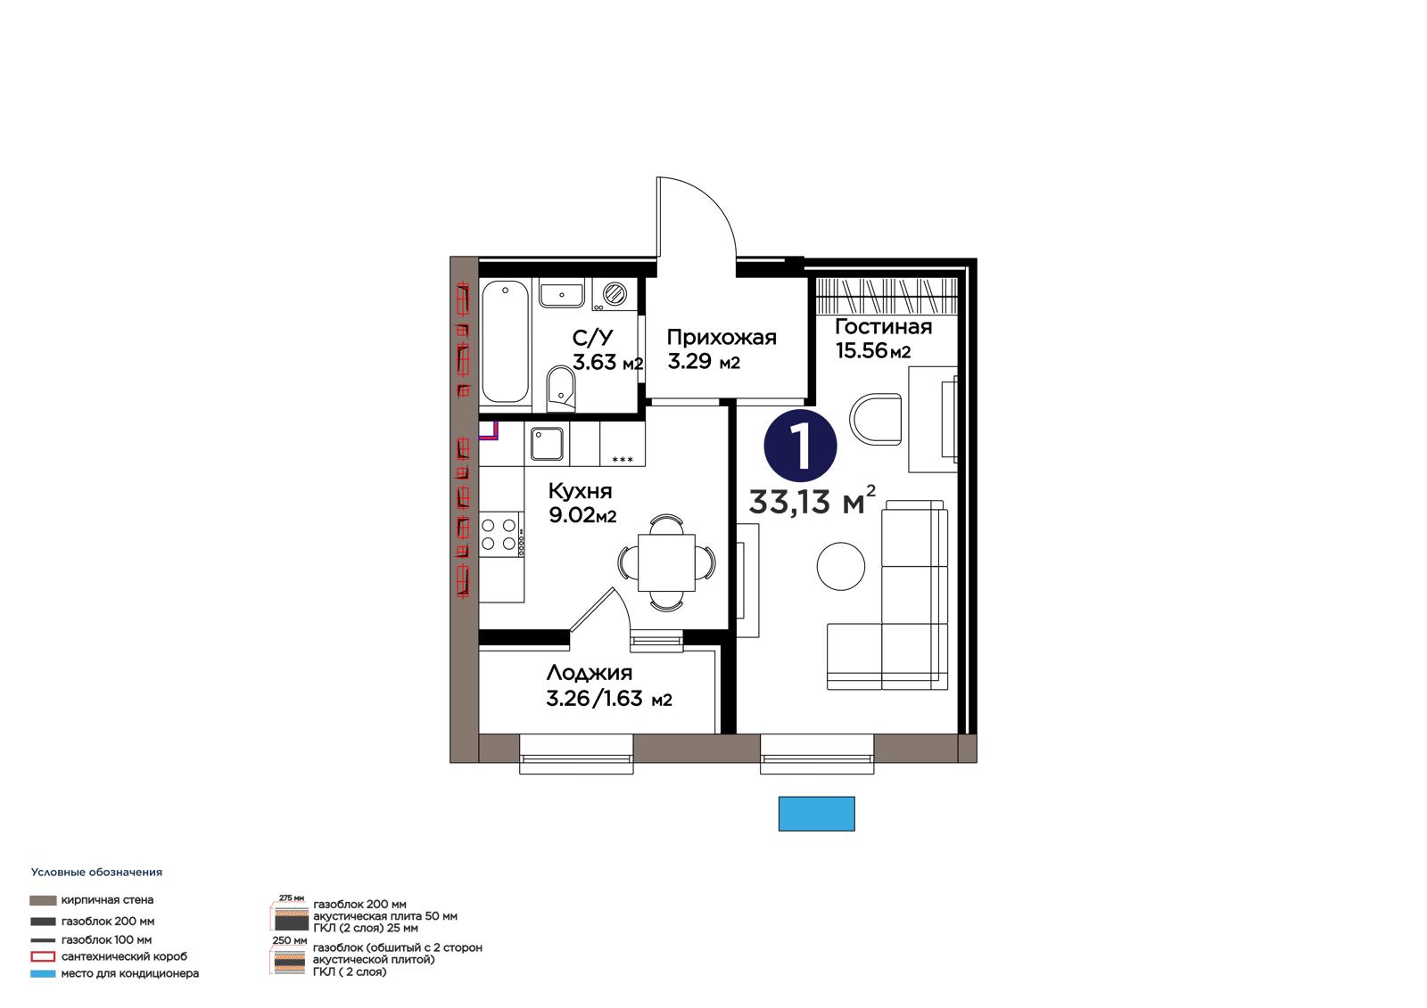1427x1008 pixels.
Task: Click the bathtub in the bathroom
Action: tap(505, 342)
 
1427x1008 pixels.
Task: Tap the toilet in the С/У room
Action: tap(561, 389)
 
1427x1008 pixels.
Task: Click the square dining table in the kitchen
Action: tap(666, 563)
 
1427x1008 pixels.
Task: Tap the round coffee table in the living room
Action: tap(841, 565)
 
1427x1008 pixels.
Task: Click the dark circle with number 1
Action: tap(800, 446)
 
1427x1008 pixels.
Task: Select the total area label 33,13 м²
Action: tap(812, 501)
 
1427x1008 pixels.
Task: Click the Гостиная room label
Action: tap(883, 327)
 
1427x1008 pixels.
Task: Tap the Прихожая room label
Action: tap(722, 338)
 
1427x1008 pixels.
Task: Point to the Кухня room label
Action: tap(580, 491)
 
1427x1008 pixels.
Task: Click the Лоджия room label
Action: tap(590, 673)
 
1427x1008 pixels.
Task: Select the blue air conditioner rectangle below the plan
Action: tap(816, 813)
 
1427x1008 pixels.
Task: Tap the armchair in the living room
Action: tap(876, 418)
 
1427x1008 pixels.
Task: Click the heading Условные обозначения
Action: tap(96, 873)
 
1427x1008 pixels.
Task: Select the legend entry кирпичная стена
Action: tap(107, 900)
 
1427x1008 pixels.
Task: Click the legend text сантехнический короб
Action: tap(124, 955)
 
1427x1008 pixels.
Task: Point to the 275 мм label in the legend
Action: tap(291, 897)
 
